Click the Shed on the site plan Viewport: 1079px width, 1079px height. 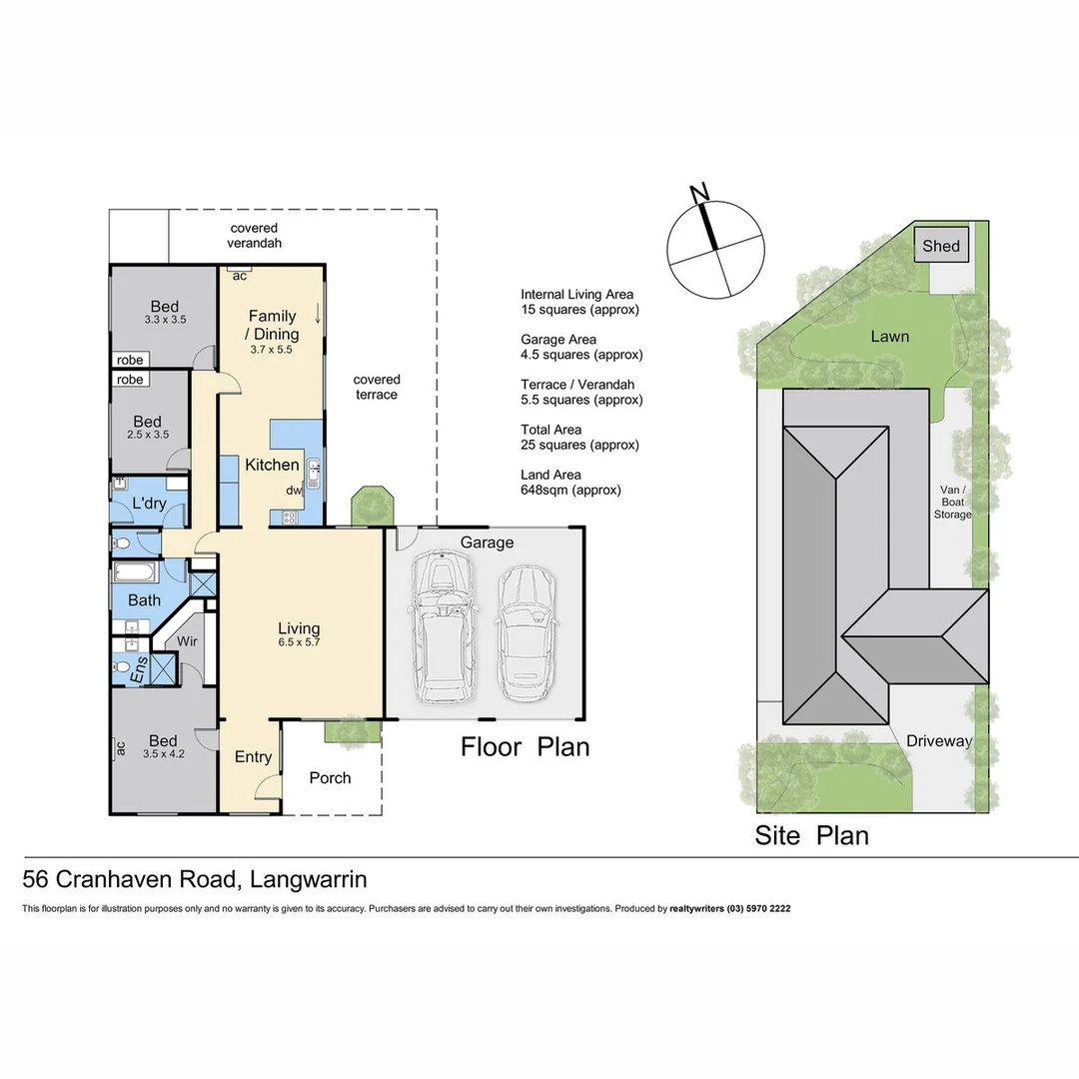(940, 246)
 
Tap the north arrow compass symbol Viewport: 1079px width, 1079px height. (717, 246)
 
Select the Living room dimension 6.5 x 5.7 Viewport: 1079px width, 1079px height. (299, 642)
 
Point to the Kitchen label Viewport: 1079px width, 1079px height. (272, 465)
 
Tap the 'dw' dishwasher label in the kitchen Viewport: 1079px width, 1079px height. (294, 491)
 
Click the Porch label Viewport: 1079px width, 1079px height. (330, 777)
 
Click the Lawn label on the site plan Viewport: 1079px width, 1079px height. (889, 337)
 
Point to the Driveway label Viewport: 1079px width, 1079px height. (938, 741)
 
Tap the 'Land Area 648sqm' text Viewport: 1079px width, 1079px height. (570, 483)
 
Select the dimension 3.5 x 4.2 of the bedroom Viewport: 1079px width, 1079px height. (163, 754)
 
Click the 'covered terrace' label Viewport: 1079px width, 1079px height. (377, 387)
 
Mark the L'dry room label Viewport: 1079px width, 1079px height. (149, 504)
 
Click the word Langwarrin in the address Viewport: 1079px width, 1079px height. (308, 879)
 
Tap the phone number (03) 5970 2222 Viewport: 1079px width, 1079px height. (750, 909)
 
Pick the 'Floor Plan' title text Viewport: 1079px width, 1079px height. (525, 746)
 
